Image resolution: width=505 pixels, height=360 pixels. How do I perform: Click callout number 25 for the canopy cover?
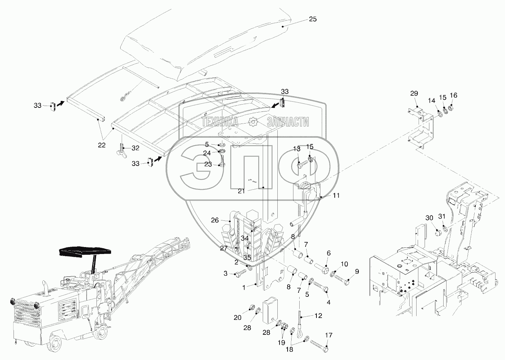click(313, 19)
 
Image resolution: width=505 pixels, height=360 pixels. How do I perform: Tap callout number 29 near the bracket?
click(414, 93)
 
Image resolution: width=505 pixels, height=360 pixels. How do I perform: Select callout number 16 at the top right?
click(453, 95)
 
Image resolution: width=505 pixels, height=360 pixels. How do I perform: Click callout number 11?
click(336, 196)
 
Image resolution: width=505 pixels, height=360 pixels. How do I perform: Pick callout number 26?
click(215, 220)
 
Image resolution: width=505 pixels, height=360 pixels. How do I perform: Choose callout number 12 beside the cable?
click(318, 315)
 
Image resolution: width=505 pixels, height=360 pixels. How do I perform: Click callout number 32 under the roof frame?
click(136, 148)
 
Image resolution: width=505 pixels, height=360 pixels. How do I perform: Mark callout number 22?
click(102, 145)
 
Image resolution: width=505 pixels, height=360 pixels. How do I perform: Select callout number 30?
click(429, 218)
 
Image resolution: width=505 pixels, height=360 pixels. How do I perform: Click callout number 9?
click(357, 272)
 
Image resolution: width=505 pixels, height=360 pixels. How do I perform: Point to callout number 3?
click(225, 273)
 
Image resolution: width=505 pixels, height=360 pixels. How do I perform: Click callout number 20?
click(238, 318)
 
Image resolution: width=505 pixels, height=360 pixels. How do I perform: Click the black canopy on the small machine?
click(85, 252)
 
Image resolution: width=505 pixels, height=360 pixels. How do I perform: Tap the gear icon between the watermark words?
click(252, 122)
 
